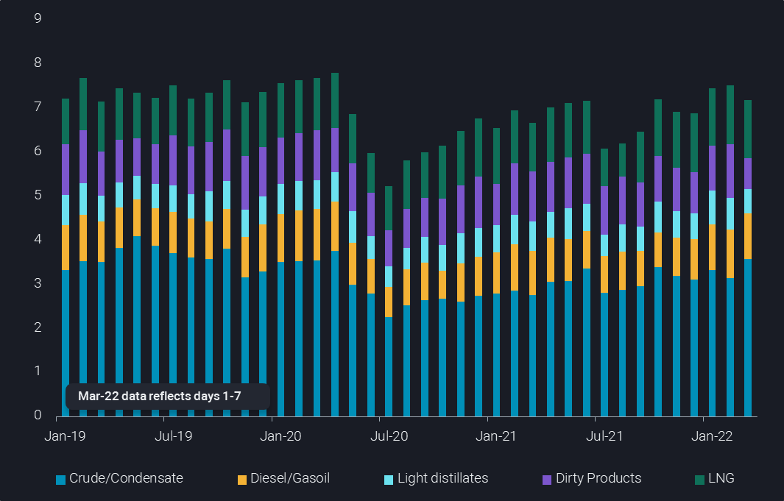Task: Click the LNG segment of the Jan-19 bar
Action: click(x=66, y=121)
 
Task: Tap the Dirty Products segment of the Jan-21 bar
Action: click(x=497, y=205)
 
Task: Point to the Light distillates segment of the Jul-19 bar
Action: click(x=173, y=199)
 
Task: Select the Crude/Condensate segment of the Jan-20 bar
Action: click(x=280, y=338)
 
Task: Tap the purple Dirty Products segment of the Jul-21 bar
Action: click(x=604, y=210)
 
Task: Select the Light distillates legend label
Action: click(x=442, y=478)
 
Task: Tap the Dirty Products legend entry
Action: click(x=598, y=478)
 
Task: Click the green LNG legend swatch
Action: click(x=699, y=480)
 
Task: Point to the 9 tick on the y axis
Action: click(x=38, y=18)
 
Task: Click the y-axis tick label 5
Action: click(x=38, y=195)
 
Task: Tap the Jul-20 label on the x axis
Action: click(x=389, y=436)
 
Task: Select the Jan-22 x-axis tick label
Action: click(x=712, y=436)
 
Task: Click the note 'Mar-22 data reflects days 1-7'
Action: click(x=160, y=396)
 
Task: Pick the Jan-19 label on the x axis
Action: click(x=66, y=436)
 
